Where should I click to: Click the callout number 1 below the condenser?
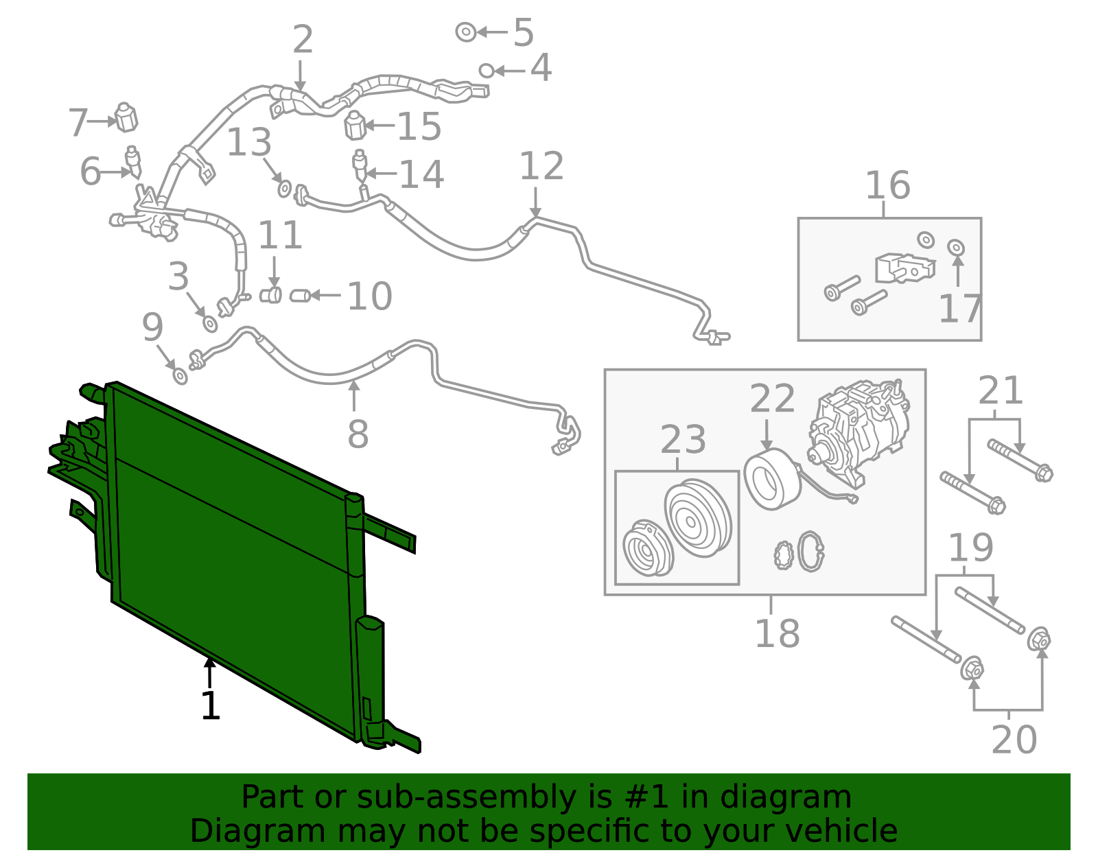(210, 707)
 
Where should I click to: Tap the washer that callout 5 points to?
(465, 32)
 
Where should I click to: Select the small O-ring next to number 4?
(486, 70)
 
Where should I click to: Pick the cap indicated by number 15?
(354, 125)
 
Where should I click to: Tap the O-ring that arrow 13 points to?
(284, 188)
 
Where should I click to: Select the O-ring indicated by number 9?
(180, 376)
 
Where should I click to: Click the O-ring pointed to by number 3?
(210, 323)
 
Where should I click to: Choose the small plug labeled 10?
(299, 296)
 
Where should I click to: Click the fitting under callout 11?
(271, 296)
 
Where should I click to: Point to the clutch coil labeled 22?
(771, 478)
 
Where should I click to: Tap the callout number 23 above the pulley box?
(683, 440)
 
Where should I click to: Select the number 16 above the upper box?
(887, 185)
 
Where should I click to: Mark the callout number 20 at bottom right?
(1014, 740)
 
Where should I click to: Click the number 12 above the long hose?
(541, 167)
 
